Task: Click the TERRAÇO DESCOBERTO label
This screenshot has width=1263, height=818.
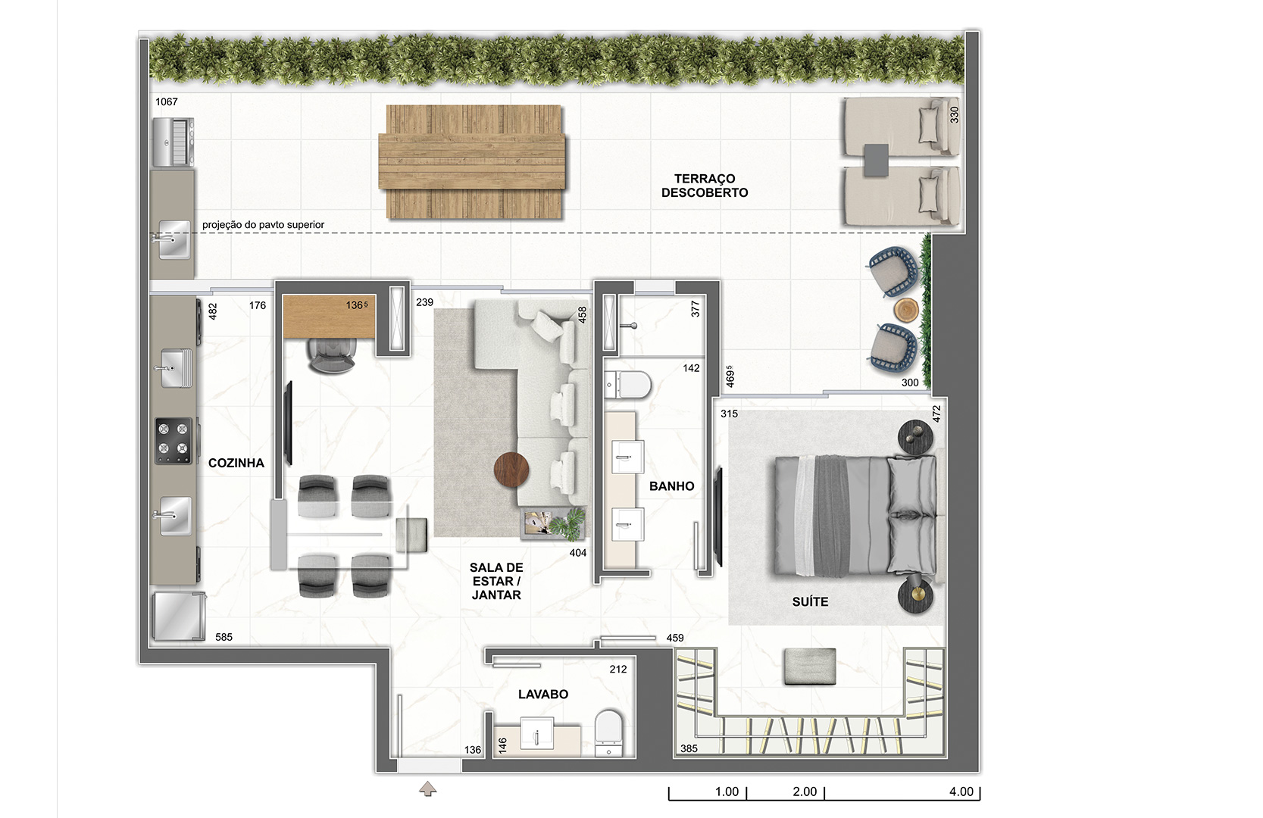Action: click(705, 186)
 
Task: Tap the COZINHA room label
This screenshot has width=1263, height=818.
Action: click(236, 463)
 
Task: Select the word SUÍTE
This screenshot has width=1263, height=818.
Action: click(810, 601)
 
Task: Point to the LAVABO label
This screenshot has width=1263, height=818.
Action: click(543, 694)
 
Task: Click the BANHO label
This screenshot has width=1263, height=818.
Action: click(671, 486)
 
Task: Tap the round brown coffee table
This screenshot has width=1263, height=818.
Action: click(511, 470)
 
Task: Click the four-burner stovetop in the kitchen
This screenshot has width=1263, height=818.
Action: click(173, 440)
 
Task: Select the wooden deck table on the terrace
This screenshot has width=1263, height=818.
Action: click(472, 162)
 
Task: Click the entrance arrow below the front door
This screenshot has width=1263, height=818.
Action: click(428, 788)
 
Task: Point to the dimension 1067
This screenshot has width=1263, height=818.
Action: click(167, 101)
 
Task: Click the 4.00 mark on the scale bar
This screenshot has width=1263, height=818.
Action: click(961, 791)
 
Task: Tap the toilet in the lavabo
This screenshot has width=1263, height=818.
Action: click(609, 732)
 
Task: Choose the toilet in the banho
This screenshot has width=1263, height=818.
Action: click(627, 385)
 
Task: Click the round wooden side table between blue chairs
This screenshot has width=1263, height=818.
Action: click(906, 310)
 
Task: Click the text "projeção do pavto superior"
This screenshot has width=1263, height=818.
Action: click(264, 224)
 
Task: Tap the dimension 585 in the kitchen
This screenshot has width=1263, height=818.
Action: click(224, 637)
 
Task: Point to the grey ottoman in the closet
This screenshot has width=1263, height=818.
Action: click(810, 667)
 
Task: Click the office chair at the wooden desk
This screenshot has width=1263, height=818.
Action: click(333, 355)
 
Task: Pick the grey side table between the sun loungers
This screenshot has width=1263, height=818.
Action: click(876, 160)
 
